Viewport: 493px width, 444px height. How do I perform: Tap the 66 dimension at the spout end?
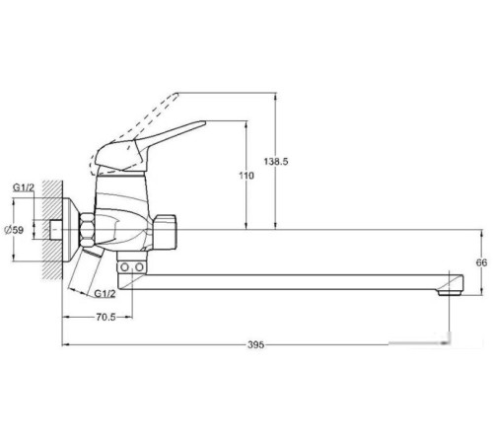point(481,262)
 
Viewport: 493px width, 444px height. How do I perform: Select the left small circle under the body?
point(124,267)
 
